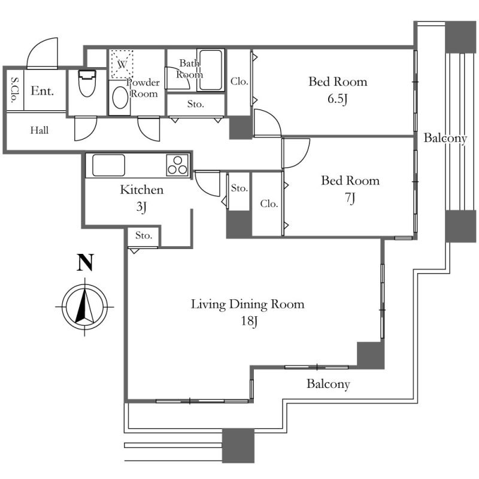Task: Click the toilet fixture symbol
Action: [x=87, y=83]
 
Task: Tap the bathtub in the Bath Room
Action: [x=211, y=70]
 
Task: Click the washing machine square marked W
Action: [x=122, y=65]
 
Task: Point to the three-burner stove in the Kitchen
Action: [x=177, y=165]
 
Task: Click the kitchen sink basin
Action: [x=109, y=165]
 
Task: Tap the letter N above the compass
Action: [x=84, y=263]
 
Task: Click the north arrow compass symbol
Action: [x=84, y=307]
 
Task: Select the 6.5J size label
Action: [x=338, y=99]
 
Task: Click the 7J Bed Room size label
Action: [x=350, y=198]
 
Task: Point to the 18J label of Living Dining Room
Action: [x=249, y=321]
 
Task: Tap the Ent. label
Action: [x=43, y=91]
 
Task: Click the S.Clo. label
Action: [x=14, y=90]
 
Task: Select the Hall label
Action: [x=40, y=131]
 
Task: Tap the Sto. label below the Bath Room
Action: [x=196, y=104]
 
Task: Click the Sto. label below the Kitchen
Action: [x=144, y=235]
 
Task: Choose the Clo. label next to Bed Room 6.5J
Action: [x=239, y=81]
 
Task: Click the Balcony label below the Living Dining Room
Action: [x=328, y=384]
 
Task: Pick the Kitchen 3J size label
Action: [x=141, y=207]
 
